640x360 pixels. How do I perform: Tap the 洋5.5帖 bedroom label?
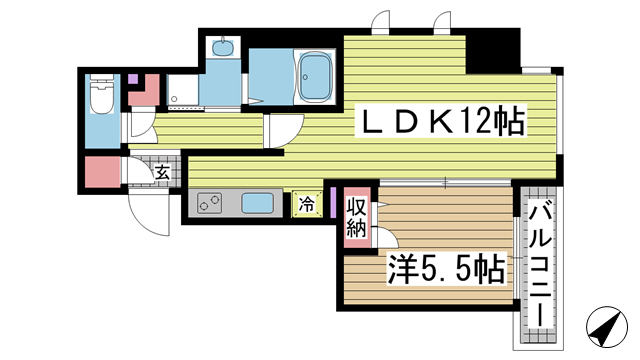(444, 268)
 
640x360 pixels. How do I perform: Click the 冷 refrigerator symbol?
(306, 203)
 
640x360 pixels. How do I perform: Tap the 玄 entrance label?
(162, 173)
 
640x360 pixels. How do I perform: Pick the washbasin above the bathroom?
(223, 46)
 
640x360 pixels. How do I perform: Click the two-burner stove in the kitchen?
(210, 204)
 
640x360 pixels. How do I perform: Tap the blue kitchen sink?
(257, 204)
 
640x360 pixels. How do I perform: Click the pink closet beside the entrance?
(101, 172)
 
